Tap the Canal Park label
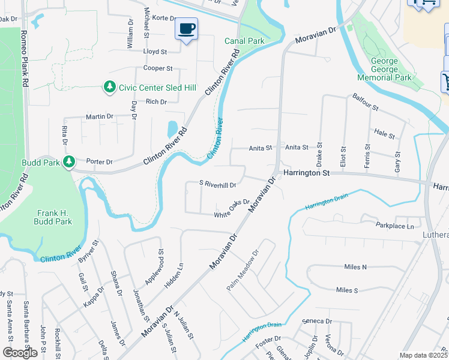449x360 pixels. pos(244,41)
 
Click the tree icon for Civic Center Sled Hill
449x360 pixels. pos(109,88)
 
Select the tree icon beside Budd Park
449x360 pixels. pos(70,162)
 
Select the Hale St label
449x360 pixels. pos(384,133)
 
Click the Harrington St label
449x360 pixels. pos(307,173)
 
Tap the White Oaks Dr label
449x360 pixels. pos(232,208)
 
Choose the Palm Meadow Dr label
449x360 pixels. pos(242,271)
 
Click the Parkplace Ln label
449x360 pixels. pos(395,226)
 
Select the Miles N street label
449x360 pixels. pos(355,267)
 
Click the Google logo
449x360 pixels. pos(20,353)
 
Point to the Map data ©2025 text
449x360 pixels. pos(424,355)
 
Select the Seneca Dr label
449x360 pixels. pos(318,321)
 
